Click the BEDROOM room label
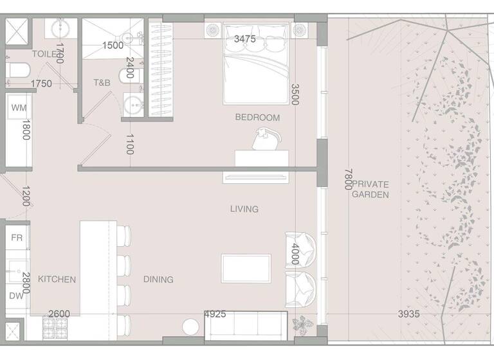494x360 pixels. pyautogui.click(x=257, y=118)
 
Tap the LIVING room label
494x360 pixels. pyautogui.click(x=244, y=209)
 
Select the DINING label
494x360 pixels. pyautogui.click(x=158, y=279)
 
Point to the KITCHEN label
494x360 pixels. pyautogui.click(x=57, y=279)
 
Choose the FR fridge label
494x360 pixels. pyautogui.click(x=17, y=238)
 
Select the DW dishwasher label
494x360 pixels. pyautogui.click(x=16, y=296)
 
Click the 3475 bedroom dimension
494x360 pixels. pyautogui.click(x=244, y=39)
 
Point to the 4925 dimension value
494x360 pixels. pyautogui.click(x=215, y=314)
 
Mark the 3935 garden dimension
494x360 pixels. pyautogui.click(x=408, y=314)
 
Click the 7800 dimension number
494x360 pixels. pyautogui.click(x=348, y=179)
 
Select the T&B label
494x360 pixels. pyautogui.click(x=102, y=83)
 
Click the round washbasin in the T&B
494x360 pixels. pyautogui.click(x=133, y=105)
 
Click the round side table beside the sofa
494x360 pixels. pyautogui.click(x=191, y=327)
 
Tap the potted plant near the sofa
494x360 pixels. pyautogui.click(x=300, y=325)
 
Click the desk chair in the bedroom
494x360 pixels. pyautogui.click(x=265, y=139)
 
